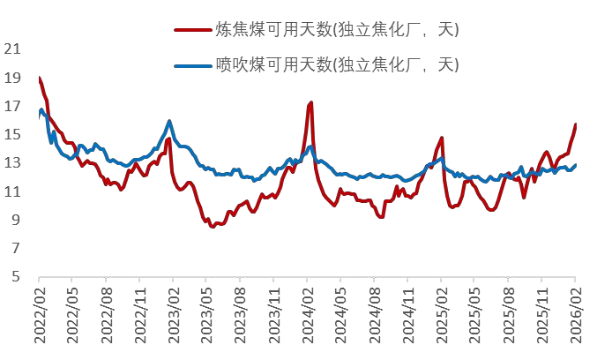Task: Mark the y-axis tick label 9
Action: point(14,220)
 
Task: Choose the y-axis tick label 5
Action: point(14,276)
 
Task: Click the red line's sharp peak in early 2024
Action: point(311,103)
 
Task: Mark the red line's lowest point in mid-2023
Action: point(213,227)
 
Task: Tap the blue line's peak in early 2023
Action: point(169,121)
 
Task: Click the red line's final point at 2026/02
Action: point(576,124)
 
